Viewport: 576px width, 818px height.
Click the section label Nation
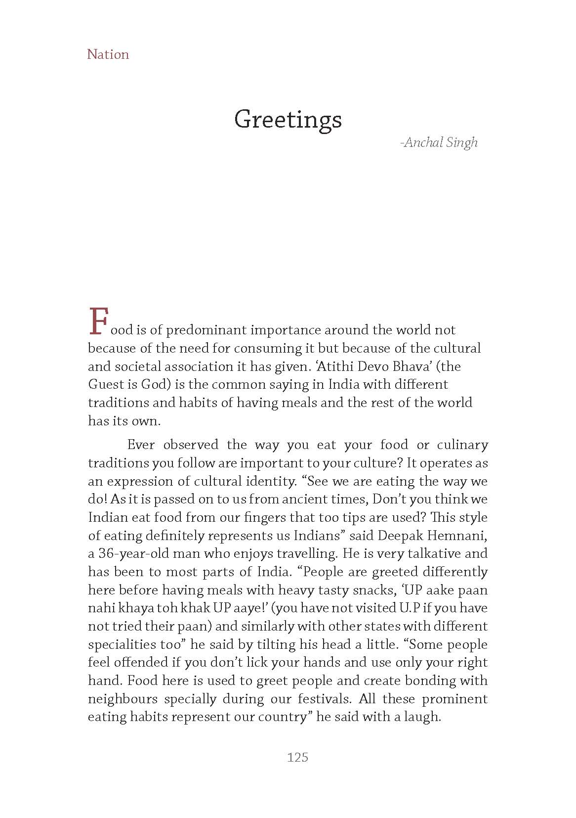click(108, 54)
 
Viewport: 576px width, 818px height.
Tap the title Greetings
click(288, 120)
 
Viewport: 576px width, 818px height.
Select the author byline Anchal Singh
click(440, 143)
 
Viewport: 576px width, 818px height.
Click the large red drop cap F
click(98, 321)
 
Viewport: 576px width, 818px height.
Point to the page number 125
click(297, 757)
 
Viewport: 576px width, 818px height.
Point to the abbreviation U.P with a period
click(411, 608)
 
